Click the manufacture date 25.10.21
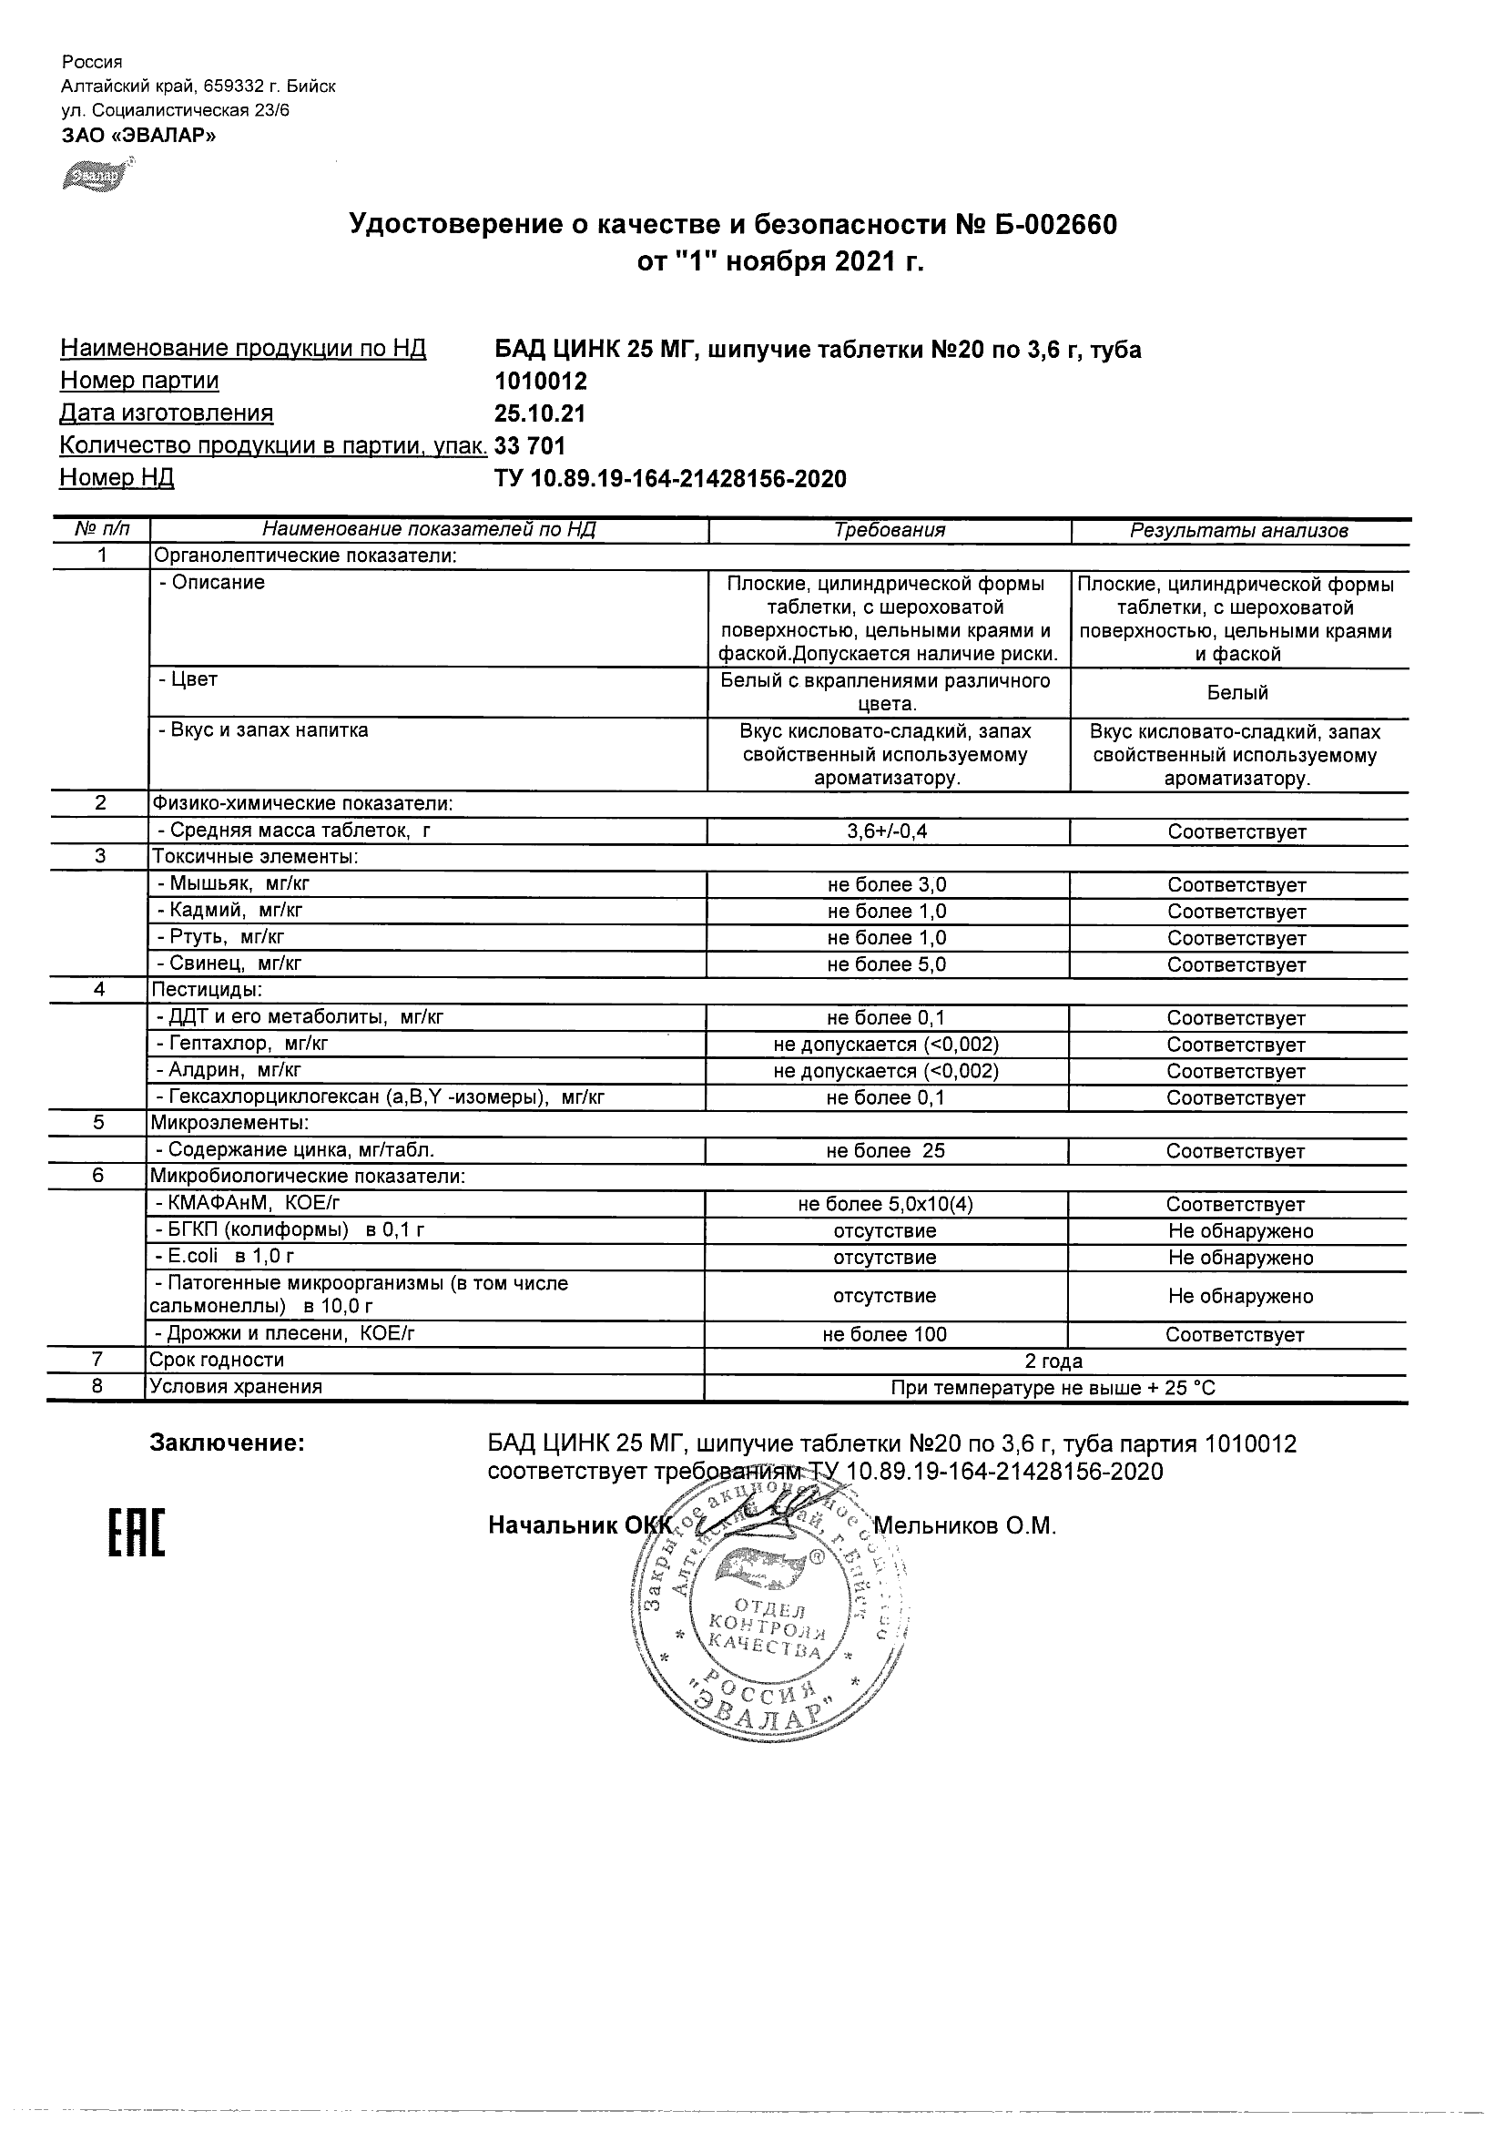(539, 414)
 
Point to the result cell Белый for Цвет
(1237, 692)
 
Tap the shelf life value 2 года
(1053, 1361)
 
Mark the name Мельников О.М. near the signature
(965, 1526)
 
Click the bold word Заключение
(227, 1443)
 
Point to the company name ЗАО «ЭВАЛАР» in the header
(138, 136)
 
